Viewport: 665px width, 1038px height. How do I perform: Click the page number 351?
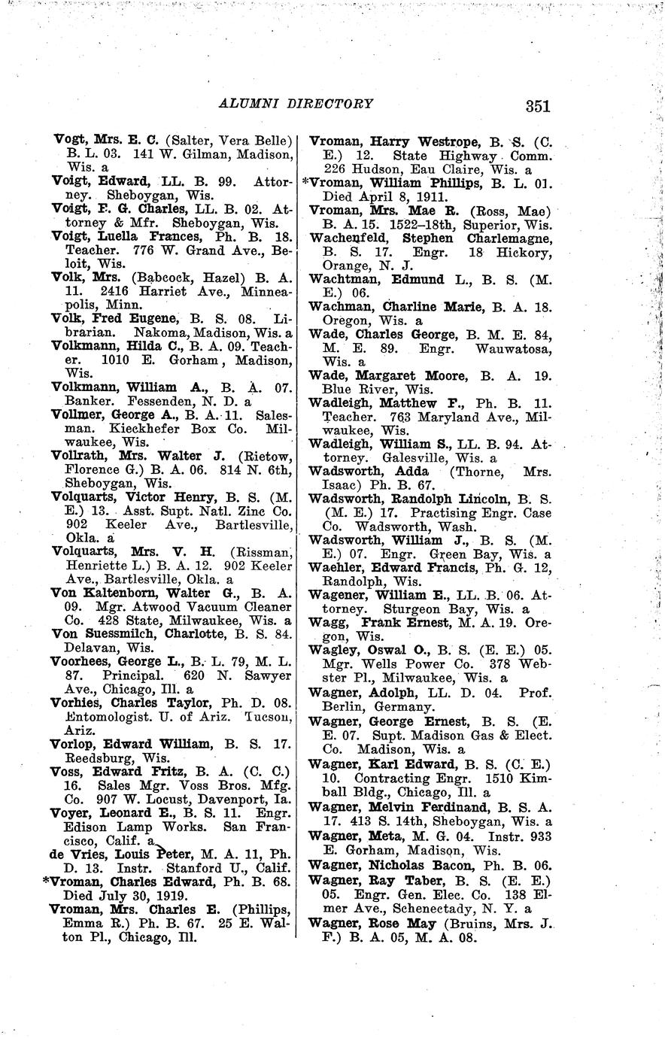[x=538, y=106]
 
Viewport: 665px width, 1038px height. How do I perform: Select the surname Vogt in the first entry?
[x=70, y=139]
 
